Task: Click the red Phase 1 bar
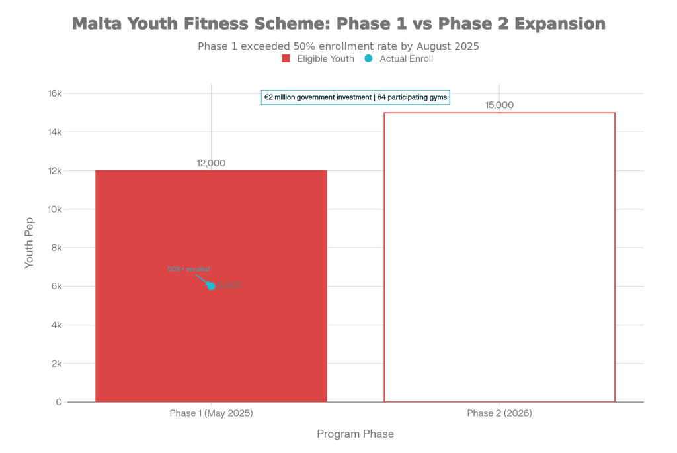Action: (x=212, y=331)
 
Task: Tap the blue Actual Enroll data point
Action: (x=211, y=286)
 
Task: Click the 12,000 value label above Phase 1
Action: (x=212, y=163)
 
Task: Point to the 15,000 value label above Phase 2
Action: (x=499, y=105)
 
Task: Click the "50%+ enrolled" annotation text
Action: (x=188, y=269)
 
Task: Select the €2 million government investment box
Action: (x=355, y=97)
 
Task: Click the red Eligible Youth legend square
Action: (x=286, y=59)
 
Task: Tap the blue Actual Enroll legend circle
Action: (x=368, y=59)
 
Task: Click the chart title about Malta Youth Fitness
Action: (x=338, y=25)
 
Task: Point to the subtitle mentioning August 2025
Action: (x=338, y=46)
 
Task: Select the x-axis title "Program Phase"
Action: (x=355, y=434)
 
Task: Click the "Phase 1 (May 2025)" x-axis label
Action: (x=212, y=413)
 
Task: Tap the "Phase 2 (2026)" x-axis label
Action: (x=499, y=413)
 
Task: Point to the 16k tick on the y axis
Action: (x=55, y=93)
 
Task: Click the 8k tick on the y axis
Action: (x=57, y=248)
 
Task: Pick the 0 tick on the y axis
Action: (x=59, y=402)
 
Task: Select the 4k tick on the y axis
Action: (x=57, y=325)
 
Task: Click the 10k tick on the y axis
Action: (x=55, y=209)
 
